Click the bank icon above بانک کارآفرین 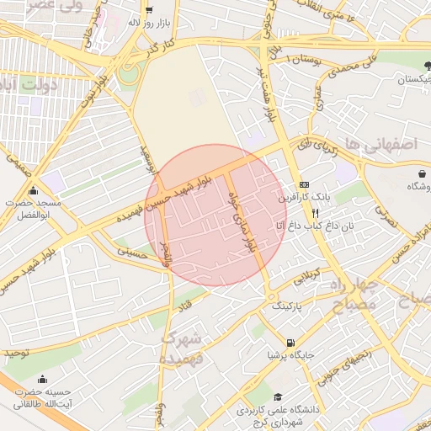(304, 185)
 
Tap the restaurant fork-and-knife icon (315, 214)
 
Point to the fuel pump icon (290, 343)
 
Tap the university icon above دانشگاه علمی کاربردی (278, 396)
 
